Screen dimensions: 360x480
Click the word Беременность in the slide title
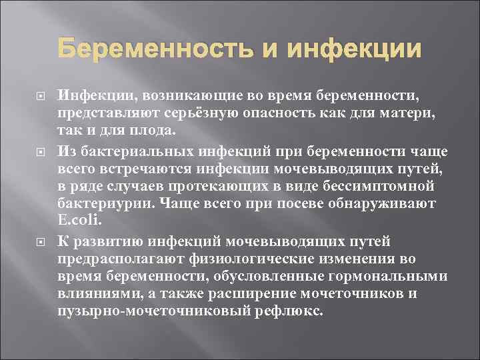point(151,49)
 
